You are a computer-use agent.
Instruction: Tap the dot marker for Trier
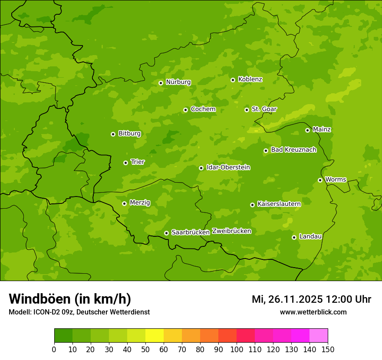(125, 163)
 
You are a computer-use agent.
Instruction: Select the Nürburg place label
(178, 82)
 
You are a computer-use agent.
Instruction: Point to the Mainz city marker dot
(307, 130)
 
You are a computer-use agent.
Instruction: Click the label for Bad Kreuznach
(293, 150)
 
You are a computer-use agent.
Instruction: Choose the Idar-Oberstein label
(228, 167)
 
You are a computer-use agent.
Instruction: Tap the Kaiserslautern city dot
(252, 205)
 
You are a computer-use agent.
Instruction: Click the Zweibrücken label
(231, 231)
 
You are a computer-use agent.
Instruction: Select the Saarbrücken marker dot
(166, 233)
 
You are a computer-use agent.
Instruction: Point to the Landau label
(310, 236)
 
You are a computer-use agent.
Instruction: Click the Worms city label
(336, 180)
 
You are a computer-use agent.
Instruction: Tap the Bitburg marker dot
(113, 134)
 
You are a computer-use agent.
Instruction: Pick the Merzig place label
(140, 203)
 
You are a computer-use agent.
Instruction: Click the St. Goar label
(264, 109)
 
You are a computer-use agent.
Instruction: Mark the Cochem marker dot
(185, 110)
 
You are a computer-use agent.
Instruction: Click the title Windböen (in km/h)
(70, 299)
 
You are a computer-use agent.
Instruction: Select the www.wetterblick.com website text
(313, 312)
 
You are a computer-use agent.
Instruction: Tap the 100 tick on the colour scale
(237, 349)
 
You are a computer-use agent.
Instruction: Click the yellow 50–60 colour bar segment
(154, 336)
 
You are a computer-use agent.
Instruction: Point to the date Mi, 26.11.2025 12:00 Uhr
(311, 299)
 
